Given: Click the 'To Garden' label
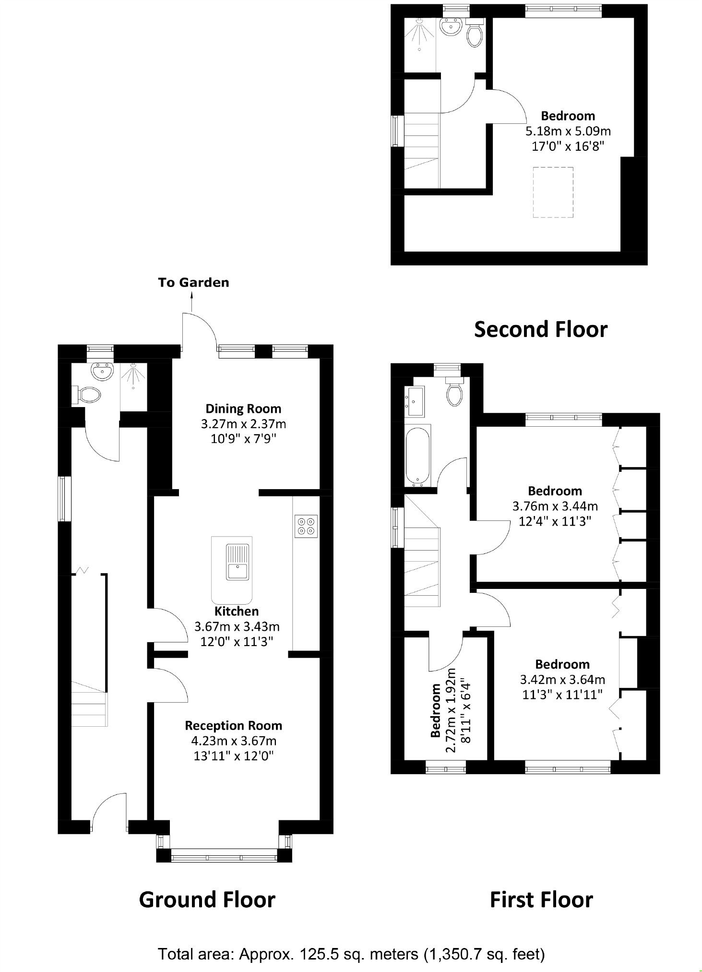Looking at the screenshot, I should (x=193, y=282).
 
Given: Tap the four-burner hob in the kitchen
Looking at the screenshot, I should (x=306, y=526).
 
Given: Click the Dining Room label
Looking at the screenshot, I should (x=243, y=408).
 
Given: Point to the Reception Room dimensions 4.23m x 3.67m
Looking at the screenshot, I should (x=234, y=741).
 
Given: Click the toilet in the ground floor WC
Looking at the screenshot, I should (x=89, y=395).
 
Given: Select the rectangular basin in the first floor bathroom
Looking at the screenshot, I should (x=416, y=401).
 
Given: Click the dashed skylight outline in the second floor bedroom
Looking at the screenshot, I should (x=553, y=192).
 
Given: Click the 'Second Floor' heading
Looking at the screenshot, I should (x=541, y=329).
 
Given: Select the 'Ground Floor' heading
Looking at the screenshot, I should (x=207, y=900).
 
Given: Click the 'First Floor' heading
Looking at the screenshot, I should (x=541, y=900).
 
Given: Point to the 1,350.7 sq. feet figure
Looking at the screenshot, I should (x=484, y=954).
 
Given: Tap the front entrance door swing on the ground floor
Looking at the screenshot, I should (x=110, y=812).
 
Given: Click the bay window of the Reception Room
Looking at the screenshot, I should (x=224, y=855).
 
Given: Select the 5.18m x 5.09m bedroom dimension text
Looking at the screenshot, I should (x=568, y=131).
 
